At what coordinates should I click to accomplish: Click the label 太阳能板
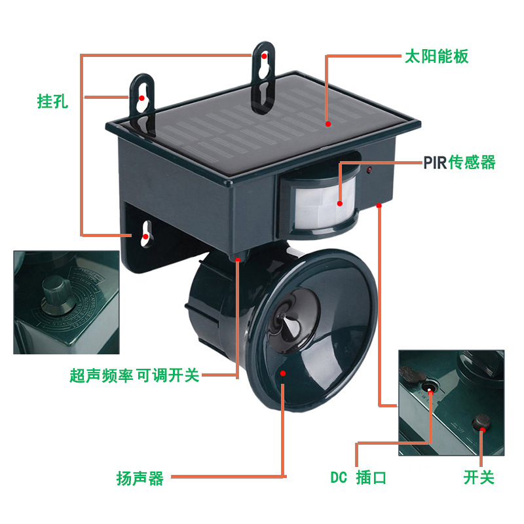click(436, 56)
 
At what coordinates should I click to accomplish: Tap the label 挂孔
click(52, 101)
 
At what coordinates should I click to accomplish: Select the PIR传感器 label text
click(460, 162)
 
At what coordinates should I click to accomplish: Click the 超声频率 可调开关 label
click(134, 375)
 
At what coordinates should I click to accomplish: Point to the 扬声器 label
click(140, 478)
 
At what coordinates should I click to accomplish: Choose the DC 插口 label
click(358, 477)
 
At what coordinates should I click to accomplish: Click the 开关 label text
click(479, 477)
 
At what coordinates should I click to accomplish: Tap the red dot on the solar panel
click(328, 124)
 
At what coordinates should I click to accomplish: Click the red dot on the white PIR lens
click(340, 204)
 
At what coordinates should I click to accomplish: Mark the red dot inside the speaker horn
click(283, 373)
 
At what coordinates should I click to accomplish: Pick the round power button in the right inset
click(481, 422)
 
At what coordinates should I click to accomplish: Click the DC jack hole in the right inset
click(429, 388)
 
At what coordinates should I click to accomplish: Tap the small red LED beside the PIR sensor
click(369, 171)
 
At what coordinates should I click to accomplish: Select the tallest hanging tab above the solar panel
click(263, 77)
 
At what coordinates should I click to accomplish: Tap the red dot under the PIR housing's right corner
click(379, 205)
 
